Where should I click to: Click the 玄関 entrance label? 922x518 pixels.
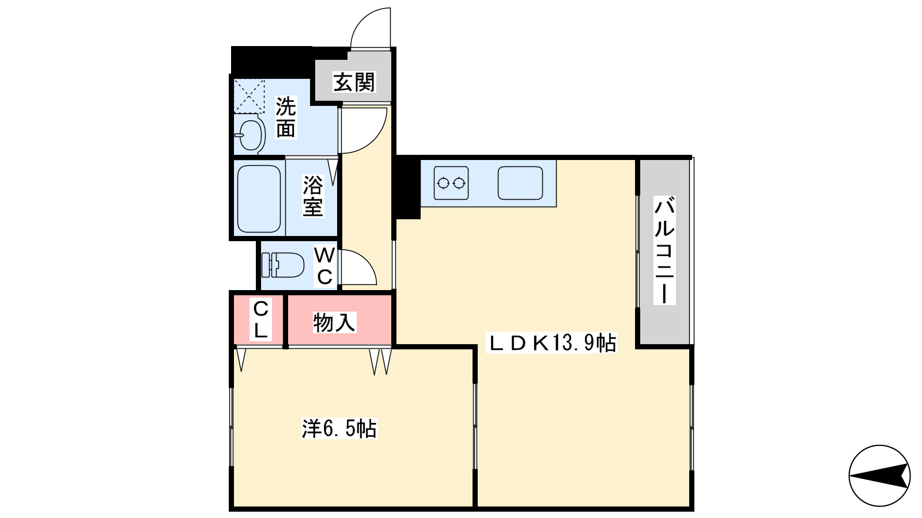[x=354, y=82]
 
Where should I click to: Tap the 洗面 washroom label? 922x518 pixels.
[x=286, y=117]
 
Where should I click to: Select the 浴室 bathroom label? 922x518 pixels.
[x=313, y=196]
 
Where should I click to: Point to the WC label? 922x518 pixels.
[x=325, y=266]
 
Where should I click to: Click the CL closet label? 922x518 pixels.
[x=260, y=319]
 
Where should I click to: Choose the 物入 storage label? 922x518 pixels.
[x=334, y=322]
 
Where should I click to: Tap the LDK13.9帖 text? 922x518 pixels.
[x=551, y=342]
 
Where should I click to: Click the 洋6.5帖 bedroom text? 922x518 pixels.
[x=339, y=428]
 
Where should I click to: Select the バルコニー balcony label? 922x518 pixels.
[x=664, y=250]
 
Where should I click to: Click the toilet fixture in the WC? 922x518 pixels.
[x=283, y=265]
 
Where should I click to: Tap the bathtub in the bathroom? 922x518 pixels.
[x=259, y=199]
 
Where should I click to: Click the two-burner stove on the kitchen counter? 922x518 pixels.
[x=451, y=183]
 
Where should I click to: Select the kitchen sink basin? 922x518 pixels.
[x=520, y=183]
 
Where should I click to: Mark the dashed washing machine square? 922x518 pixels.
[x=249, y=96]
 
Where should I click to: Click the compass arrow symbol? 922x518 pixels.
[x=879, y=475]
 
